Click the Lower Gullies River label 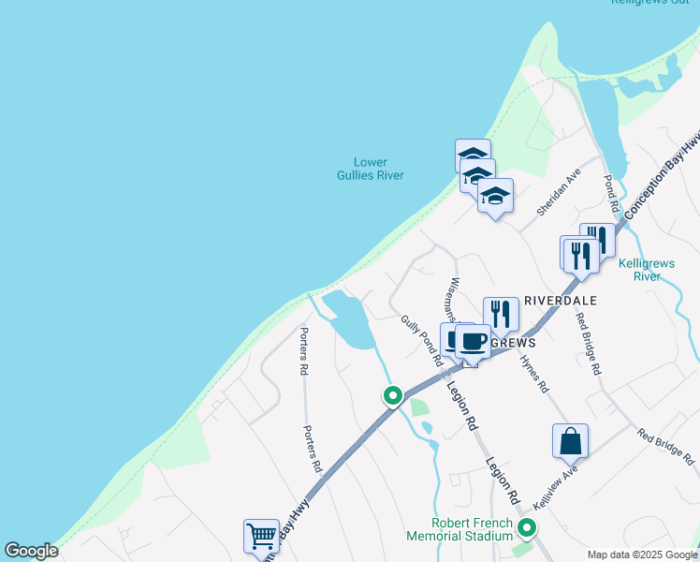371,168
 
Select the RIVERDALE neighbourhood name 561,301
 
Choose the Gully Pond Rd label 422,340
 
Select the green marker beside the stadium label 527,528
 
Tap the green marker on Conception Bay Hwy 393,396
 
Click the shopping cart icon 261,536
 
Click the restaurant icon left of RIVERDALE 501,315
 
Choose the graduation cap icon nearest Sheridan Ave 495,196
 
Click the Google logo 32,551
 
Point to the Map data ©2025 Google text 642,555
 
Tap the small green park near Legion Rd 419,407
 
